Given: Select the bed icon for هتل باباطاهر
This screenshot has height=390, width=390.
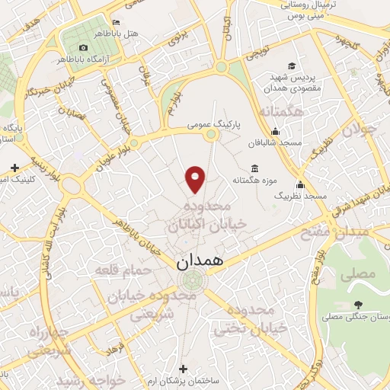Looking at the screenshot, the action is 115,22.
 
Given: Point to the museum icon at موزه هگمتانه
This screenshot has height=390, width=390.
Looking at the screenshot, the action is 253,168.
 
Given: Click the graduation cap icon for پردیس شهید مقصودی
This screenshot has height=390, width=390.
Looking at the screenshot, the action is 292,66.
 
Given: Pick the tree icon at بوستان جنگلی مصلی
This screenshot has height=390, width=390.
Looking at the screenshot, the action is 357,305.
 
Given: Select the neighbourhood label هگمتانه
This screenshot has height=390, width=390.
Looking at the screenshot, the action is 283,113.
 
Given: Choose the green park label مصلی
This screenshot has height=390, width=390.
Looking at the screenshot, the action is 362,272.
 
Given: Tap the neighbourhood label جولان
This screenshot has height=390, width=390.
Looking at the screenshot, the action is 360,132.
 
